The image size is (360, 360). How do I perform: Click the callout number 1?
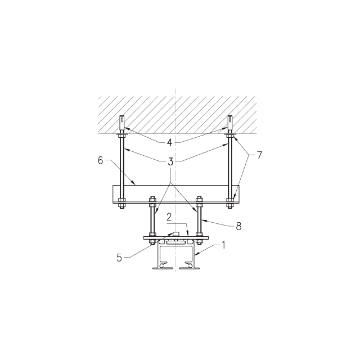tap(223, 245)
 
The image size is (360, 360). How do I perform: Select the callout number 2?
tap(169, 217)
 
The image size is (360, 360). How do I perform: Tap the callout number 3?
tap(170, 161)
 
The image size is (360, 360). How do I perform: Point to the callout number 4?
tap(169, 142)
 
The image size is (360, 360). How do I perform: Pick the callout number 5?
tap(119, 258)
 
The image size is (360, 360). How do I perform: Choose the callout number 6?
tap(100, 160)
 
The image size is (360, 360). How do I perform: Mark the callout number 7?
tap(259, 155)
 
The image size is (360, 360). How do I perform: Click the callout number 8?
tap(238, 226)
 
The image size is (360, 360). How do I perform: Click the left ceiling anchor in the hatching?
tap(122, 124)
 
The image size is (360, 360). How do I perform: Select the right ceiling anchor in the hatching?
tap(230, 124)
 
